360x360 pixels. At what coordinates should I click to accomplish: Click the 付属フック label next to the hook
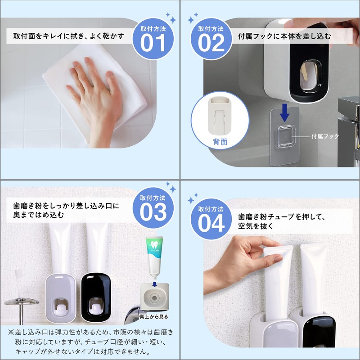click(x=325, y=135)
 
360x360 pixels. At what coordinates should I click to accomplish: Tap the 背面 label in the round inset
click(x=220, y=141)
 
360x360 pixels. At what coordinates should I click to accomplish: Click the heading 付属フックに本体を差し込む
click(x=284, y=36)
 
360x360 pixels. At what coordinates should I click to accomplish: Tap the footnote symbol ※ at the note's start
click(x=11, y=332)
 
